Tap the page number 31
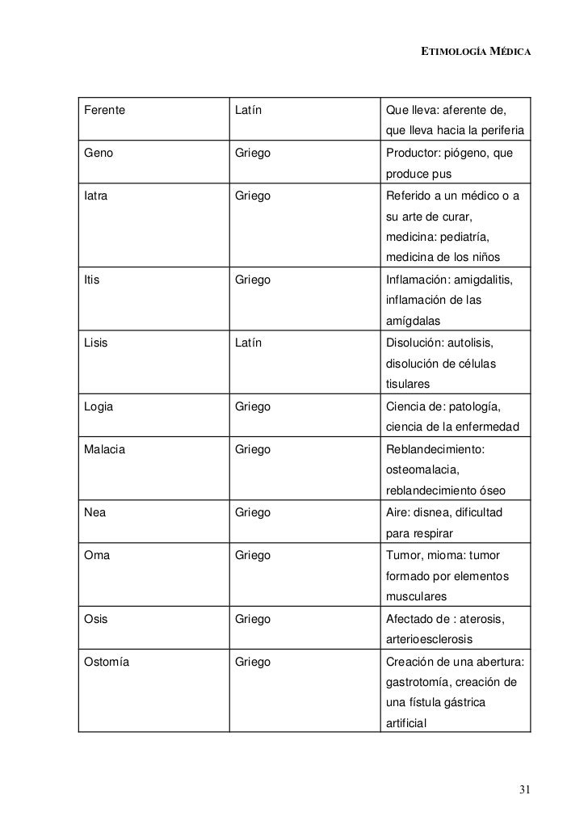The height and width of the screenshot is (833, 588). [x=525, y=789]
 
